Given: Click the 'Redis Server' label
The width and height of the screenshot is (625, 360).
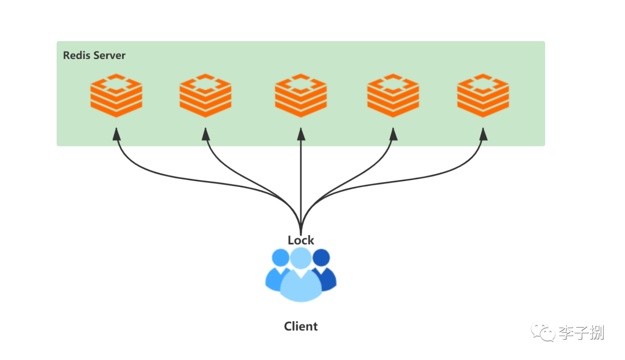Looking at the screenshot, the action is click(x=94, y=56).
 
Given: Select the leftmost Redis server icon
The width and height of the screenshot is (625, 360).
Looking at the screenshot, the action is click(x=116, y=95).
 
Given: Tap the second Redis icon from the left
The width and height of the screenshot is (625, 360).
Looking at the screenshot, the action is click(x=205, y=95).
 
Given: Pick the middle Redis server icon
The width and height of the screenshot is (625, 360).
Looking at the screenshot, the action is click(x=301, y=95).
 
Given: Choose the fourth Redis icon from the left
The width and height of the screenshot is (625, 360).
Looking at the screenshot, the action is click(x=393, y=95).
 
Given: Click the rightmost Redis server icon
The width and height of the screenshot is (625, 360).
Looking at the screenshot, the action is click(x=483, y=95).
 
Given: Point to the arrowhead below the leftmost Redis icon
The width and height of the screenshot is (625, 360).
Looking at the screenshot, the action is click(x=116, y=134).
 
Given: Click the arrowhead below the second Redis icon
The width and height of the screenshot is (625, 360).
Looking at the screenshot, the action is click(x=205, y=134).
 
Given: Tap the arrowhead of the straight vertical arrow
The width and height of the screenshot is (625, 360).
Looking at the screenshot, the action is click(x=301, y=134).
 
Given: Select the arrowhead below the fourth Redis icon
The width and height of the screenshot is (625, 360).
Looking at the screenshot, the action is click(x=394, y=134).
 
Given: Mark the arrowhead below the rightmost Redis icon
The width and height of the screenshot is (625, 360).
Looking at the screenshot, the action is click(x=483, y=134).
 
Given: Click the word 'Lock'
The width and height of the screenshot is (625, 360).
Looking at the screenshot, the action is click(x=301, y=240).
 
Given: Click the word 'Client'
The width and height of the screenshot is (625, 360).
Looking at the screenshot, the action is click(x=301, y=326).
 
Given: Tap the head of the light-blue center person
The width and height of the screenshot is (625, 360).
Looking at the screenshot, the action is click(x=301, y=258).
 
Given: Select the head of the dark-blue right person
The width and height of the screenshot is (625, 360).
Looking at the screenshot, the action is click(x=322, y=257).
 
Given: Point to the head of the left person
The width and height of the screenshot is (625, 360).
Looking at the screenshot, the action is click(x=280, y=257).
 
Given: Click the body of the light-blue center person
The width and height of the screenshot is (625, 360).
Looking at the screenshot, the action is click(x=301, y=286).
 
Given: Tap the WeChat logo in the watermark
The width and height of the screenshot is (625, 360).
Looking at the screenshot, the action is click(x=542, y=332).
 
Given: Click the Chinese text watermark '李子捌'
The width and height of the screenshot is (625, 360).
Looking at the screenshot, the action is click(x=582, y=332).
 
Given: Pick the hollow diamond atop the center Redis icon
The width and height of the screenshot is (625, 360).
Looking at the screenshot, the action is click(x=301, y=84).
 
